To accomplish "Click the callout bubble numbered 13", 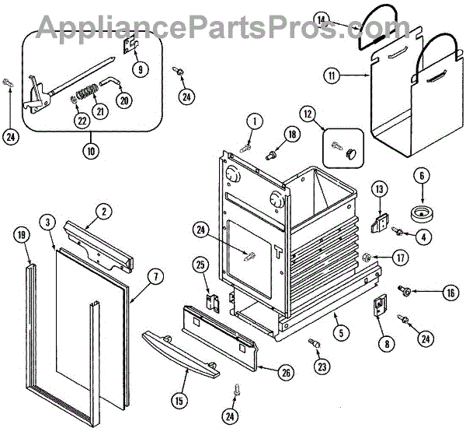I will [x=379, y=188].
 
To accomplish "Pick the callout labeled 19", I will [x=22, y=233].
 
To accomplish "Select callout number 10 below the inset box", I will [x=92, y=150].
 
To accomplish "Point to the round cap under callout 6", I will [x=423, y=213].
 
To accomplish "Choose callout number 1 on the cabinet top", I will [x=253, y=120].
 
